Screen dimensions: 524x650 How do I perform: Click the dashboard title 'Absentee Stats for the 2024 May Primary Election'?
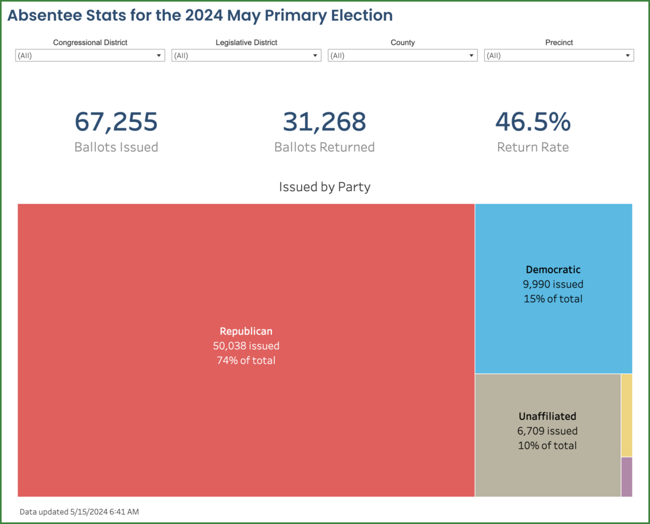200,15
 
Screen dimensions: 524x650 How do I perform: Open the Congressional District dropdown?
90,56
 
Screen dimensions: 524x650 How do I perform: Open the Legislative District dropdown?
246,56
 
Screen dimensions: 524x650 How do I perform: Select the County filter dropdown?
402,56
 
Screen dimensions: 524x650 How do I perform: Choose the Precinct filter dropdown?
558,56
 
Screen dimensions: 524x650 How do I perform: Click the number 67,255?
116,122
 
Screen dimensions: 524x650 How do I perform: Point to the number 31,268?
324,122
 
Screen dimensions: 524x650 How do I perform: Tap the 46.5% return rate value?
532,122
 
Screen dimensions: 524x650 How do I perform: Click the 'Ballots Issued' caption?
116,147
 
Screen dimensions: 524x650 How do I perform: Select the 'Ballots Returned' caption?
324,147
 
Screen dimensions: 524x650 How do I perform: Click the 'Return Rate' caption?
532,147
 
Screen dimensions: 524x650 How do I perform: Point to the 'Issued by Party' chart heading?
324,187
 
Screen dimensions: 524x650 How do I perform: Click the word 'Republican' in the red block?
246,331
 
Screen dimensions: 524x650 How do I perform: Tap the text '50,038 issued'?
246,346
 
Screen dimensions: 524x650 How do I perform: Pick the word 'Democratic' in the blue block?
553,270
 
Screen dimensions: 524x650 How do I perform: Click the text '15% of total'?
553,299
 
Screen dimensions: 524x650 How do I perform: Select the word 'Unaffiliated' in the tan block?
547,416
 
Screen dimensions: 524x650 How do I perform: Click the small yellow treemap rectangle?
626,415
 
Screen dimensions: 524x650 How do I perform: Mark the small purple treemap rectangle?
626,477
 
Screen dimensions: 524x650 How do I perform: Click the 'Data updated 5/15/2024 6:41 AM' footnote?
79,512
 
